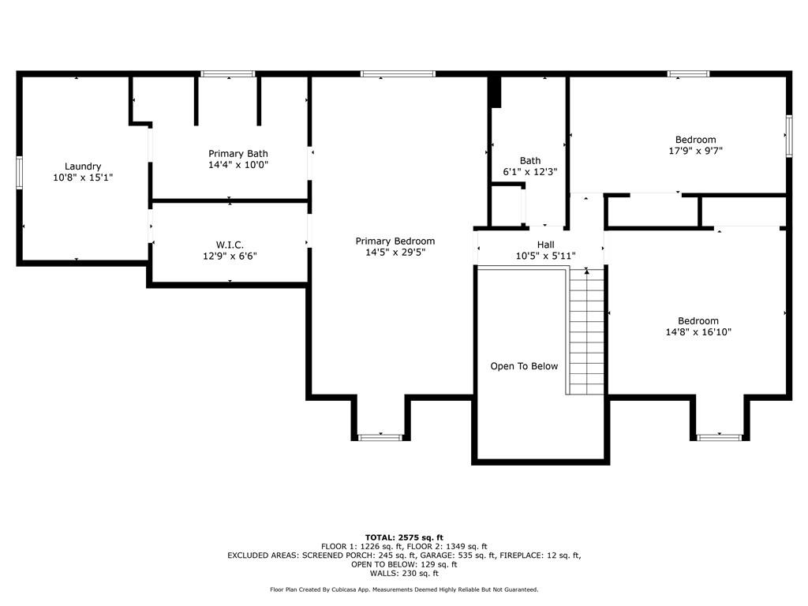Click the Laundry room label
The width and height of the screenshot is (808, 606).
[x=82, y=166]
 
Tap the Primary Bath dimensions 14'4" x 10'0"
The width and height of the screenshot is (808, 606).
[x=238, y=165]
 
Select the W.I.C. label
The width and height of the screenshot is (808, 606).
[x=230, y=245]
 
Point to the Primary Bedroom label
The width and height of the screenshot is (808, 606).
[x=395, y=241]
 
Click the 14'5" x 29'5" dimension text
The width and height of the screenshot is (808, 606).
[x=395, y=252]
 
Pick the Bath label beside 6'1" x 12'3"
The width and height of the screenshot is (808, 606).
[x=530, y=161]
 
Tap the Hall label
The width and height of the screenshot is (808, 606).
[x=546, y=245]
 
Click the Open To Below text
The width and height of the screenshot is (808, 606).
[x=524, y=366]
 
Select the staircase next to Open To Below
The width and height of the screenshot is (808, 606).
[x=586, y=331]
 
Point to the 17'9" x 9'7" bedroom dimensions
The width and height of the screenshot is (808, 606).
[x=696, y=151]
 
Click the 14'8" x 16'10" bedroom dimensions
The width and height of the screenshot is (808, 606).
[x=698, y=332]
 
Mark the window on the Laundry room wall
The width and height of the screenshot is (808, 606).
[x=20, y=173]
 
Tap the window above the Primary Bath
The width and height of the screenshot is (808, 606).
[x=228, y=73]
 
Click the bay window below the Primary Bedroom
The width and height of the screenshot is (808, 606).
[x=380, y=437]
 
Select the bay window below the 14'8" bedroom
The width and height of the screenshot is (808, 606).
[x=719, y=437]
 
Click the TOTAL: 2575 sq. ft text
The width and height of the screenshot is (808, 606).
[x=404, y=537]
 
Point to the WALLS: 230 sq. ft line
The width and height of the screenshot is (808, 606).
[x=404, y=573]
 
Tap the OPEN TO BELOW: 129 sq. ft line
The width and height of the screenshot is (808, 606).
[x=404, y=564]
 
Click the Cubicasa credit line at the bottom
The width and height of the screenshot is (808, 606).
[x=404, y=589]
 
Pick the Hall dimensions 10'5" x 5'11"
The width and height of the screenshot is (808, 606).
[x=546, y=256]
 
